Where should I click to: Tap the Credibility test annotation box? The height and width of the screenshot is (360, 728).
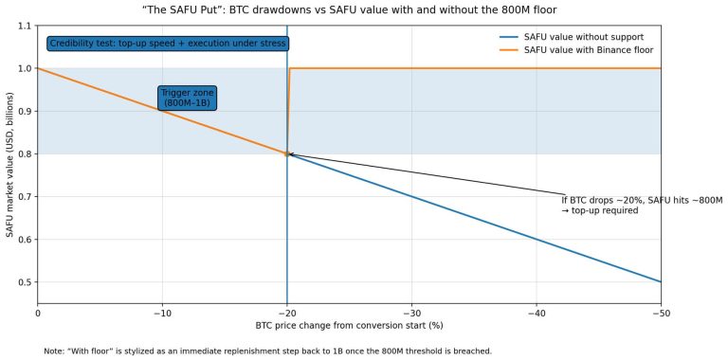point(168,44)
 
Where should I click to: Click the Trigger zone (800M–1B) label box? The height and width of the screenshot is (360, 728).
point(188,98)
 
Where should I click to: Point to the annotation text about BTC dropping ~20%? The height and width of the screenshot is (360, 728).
point(642,205)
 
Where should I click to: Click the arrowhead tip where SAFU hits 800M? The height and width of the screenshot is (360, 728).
point(289,153)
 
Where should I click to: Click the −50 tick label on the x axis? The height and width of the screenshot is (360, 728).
point(660,313)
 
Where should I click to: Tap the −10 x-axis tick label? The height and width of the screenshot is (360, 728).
point(162,313)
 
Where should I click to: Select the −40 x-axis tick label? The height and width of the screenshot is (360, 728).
point(536,313)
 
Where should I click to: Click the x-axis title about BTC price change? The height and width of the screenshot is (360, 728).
point(349,326)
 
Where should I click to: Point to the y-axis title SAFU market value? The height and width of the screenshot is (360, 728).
point(9,164)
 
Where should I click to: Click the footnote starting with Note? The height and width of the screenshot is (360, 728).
point(267,351)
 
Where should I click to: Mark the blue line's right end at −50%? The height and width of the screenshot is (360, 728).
point(660,281)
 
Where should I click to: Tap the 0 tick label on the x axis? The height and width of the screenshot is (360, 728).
point(38,313)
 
